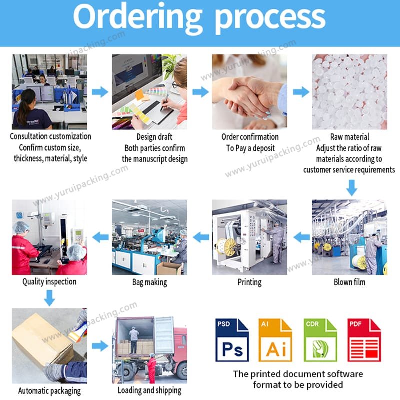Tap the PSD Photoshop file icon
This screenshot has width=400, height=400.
(x=232, y=340)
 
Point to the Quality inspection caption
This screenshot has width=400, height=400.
(x=49, y=282)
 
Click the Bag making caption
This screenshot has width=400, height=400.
(x=149, y=282)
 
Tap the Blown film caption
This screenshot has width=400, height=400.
(x=349, y=282)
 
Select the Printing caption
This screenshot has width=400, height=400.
(x=249, y=282)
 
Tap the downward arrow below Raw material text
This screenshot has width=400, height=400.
(x=352, y=187)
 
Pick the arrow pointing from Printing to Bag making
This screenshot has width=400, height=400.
(x=200, y=237)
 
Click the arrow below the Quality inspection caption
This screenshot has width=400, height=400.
(x=49, y=298)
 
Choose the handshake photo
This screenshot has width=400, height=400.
(x=249, y=92)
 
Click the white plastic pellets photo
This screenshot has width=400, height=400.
(x=349, y=92)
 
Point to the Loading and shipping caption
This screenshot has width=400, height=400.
(x=149, y=390)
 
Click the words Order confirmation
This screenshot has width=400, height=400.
(x=249, y=137)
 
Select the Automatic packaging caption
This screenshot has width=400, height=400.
(x=49, y=391)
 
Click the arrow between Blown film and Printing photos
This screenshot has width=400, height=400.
(x=301, y=237)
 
